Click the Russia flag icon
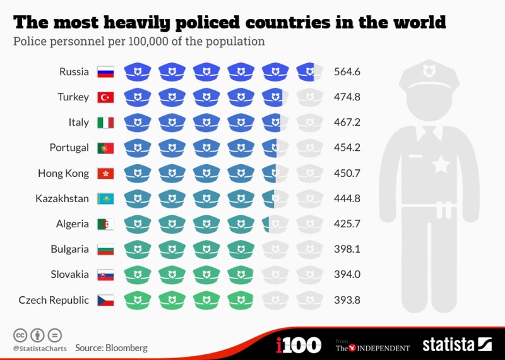click(x=105, y=72)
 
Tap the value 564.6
click(x=347, y=72)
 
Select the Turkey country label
click(x=74, y=97)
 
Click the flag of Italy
click(x=105, y=123)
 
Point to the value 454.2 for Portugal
click(x=347, y=148)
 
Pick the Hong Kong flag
click(x=105, y=173)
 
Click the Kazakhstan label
click(x=62, y=198)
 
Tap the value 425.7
click(x=347, y=224)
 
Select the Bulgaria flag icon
click(x=105, y=249)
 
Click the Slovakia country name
click(x=70, y=275)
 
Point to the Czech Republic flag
click(x=105, y=300)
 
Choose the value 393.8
click(x=347, y=300)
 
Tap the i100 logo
click(x=299, y=345)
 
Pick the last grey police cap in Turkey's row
click(x=309, y=97)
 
